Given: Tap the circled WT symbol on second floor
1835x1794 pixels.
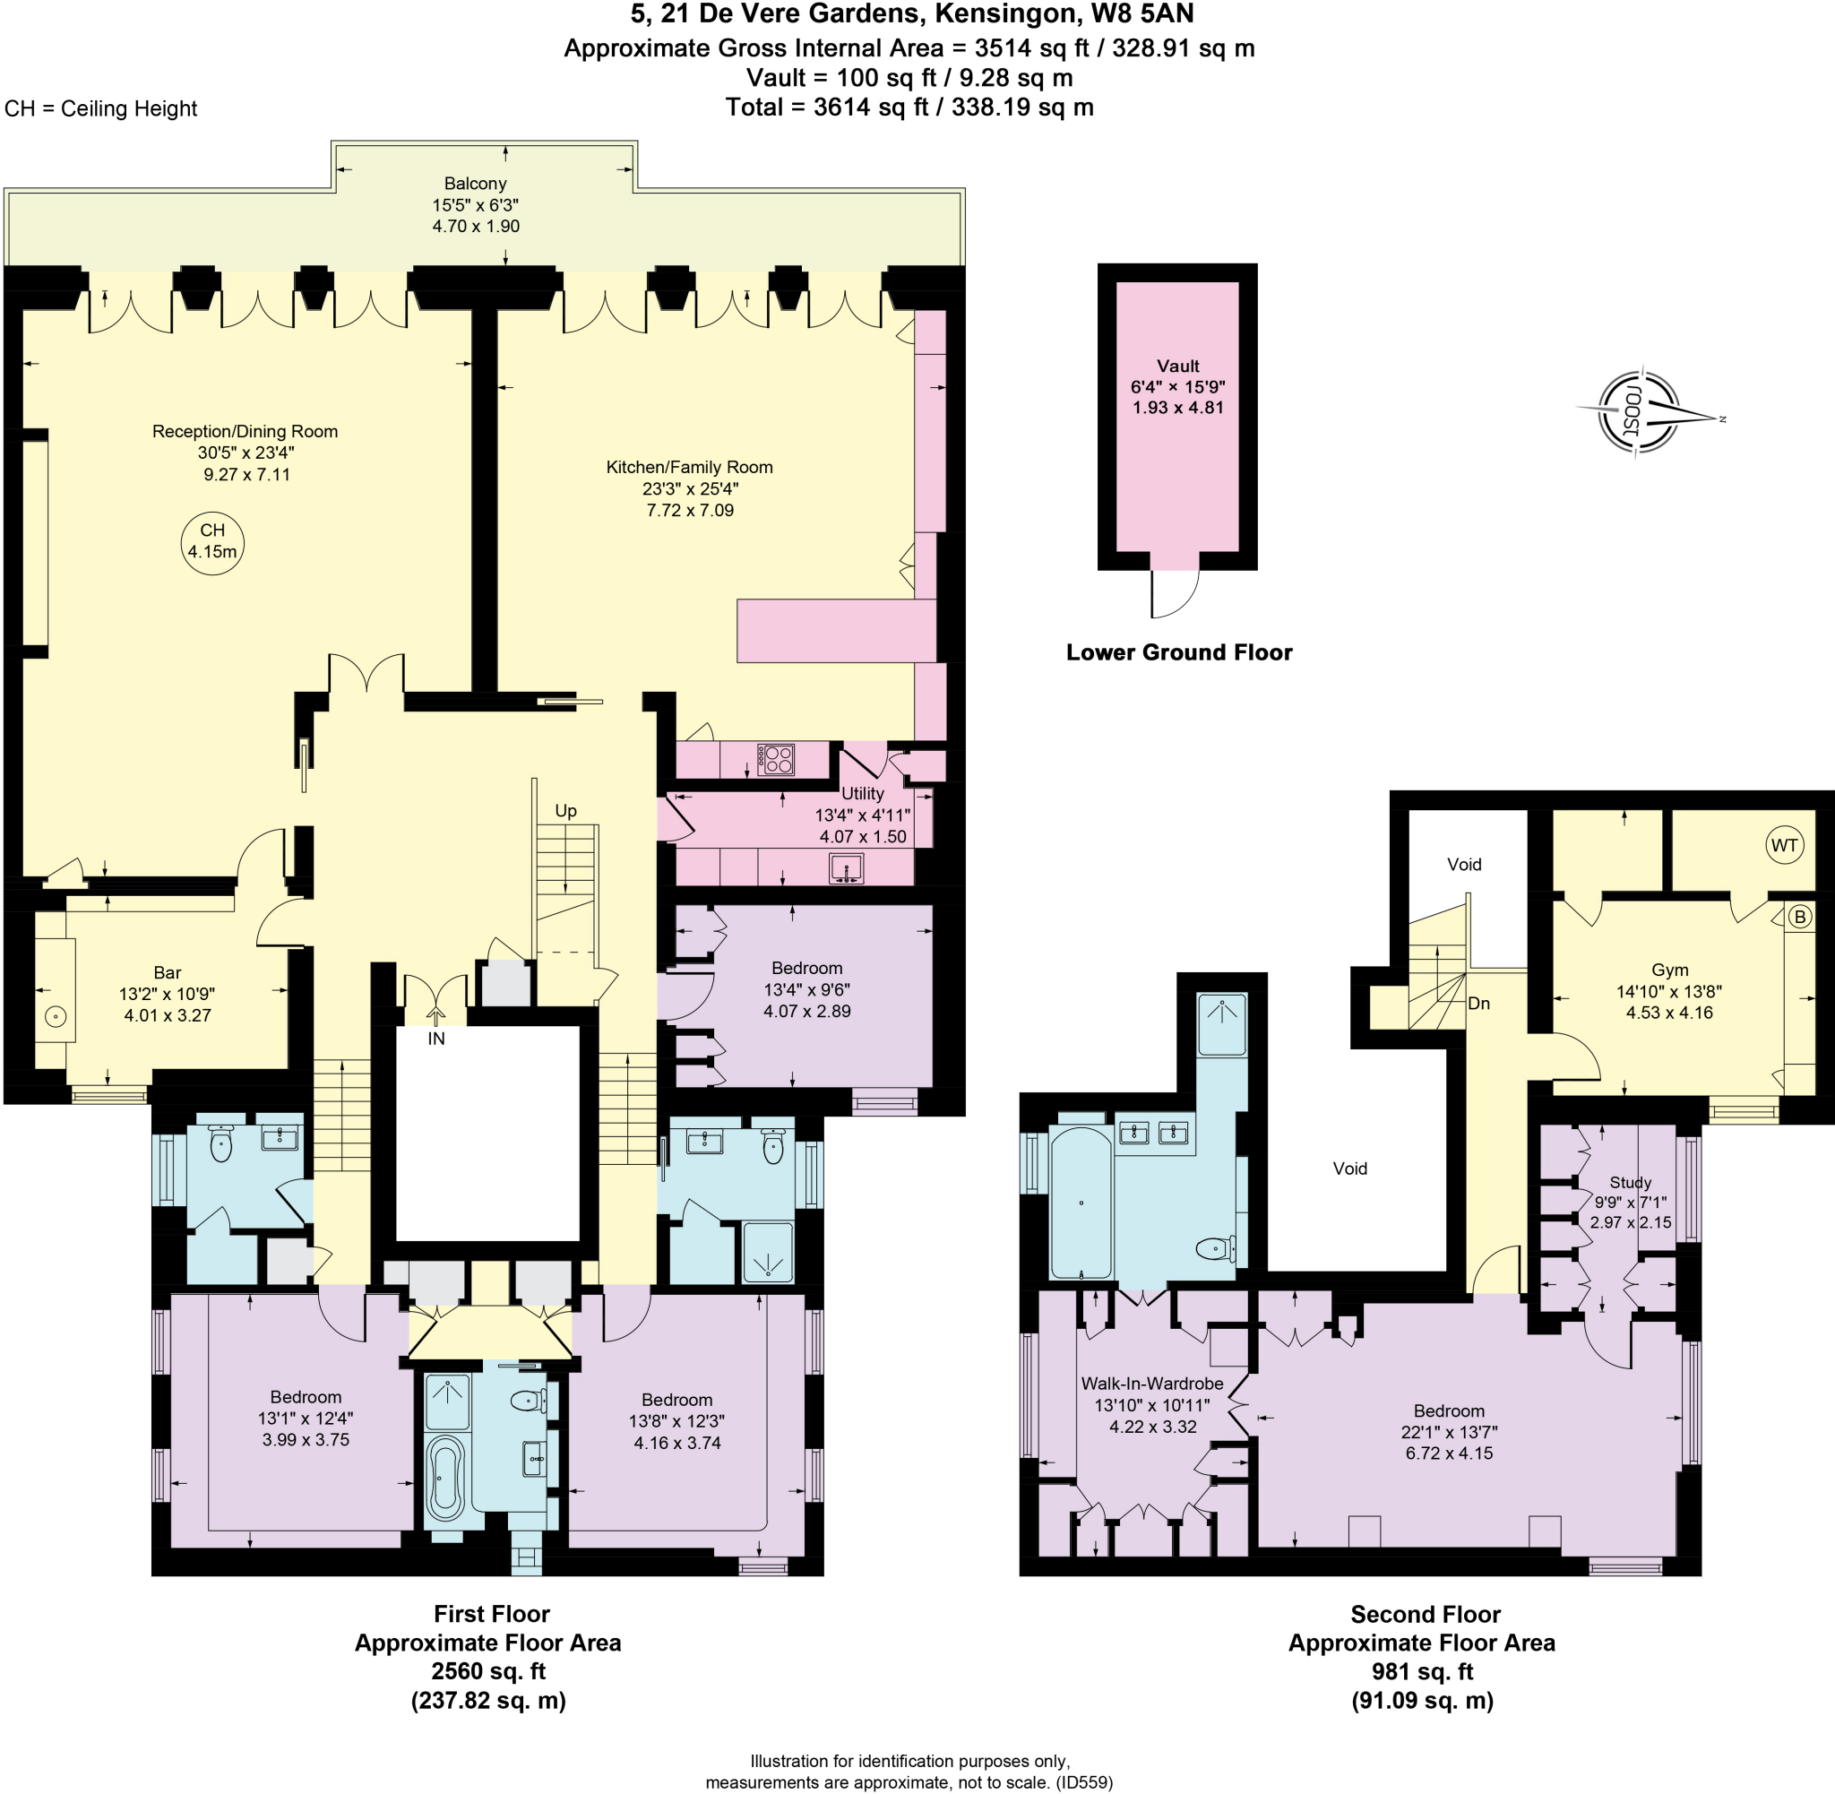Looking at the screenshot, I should click(x=1784, y=845).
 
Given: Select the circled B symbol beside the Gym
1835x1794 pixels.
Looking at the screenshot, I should click(x=1800, y=917).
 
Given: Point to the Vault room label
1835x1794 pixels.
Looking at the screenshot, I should click(x=1177, y=366).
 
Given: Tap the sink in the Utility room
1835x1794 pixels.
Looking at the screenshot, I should click(x=846, y=867).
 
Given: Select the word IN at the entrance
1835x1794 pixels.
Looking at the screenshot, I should click(x=436, y=1039).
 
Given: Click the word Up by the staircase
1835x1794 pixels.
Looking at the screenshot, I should click(x=565, y=811).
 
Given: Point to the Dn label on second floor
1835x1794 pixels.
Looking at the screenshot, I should click(x=1479, y=1004).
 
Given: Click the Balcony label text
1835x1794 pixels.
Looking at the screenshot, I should click(x=476, y=184).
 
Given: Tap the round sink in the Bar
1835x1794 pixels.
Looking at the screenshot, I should click(x=56, y=1017).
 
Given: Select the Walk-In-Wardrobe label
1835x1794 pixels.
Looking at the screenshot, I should click(x=1152, y=1384).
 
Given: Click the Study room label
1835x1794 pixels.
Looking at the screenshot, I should click(x=1631, y=1183).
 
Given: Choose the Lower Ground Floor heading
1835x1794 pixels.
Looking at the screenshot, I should click(x=1178, y=652).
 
